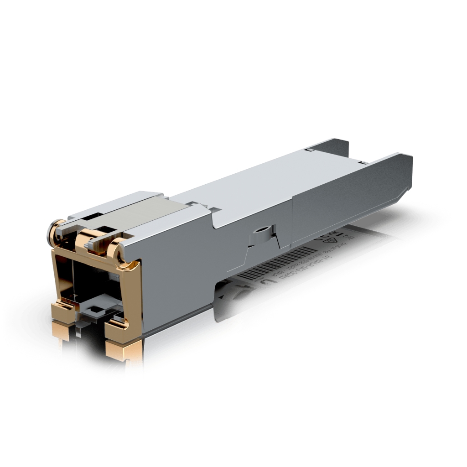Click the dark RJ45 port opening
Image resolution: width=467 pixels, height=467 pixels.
click(91, 283)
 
